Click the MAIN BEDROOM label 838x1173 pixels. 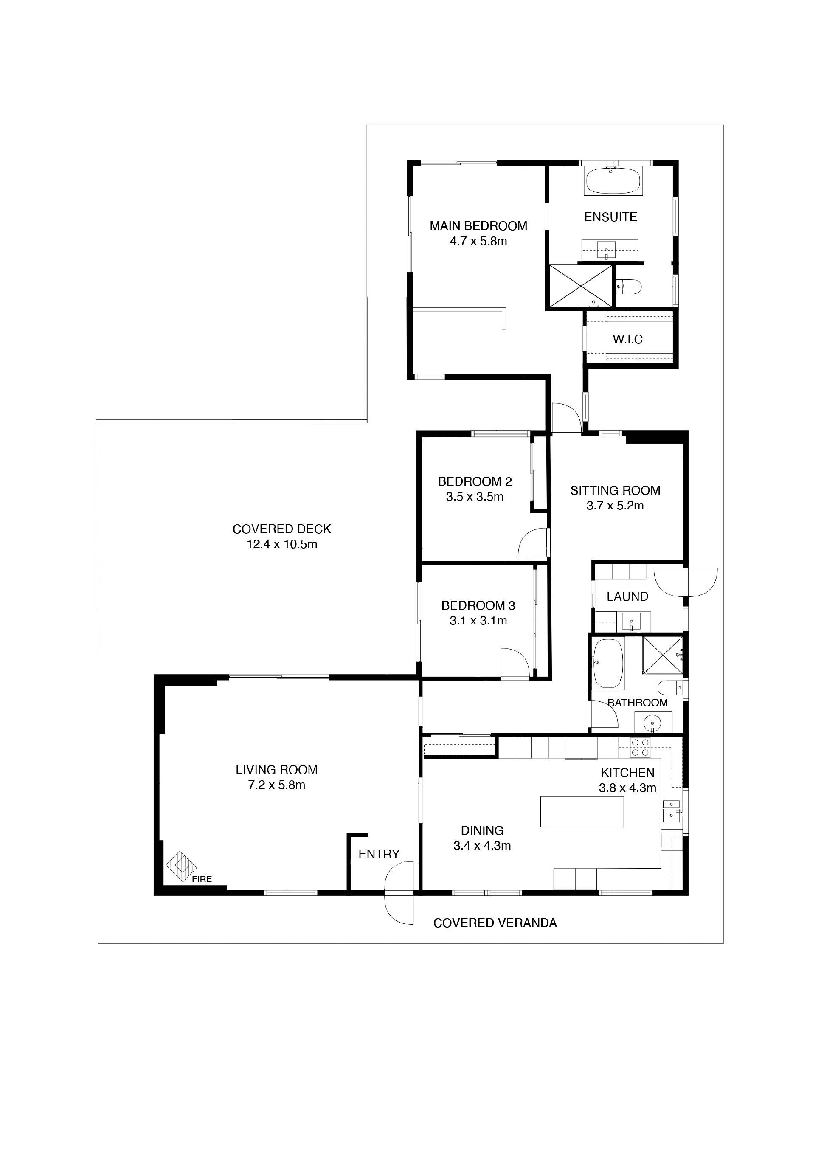click(478, 226)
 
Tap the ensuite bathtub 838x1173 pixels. click(613, 181)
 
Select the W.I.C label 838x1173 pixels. click(627, 340)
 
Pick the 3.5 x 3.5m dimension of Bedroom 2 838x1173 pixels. click(475, 497)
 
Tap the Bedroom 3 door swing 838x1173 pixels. click(515, 664)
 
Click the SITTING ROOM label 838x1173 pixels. click(615, 490)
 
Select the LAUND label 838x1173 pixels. click(627, 596)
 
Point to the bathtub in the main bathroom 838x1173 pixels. click(608, 664)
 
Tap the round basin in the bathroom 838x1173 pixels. click(653, 723)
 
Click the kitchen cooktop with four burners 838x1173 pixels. click(640, 748)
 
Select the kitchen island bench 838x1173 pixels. click(582, 812)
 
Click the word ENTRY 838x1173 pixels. click(379, 855)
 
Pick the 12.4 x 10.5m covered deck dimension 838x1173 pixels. click(282, 544)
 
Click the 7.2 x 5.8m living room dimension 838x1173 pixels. click(277, 785)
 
